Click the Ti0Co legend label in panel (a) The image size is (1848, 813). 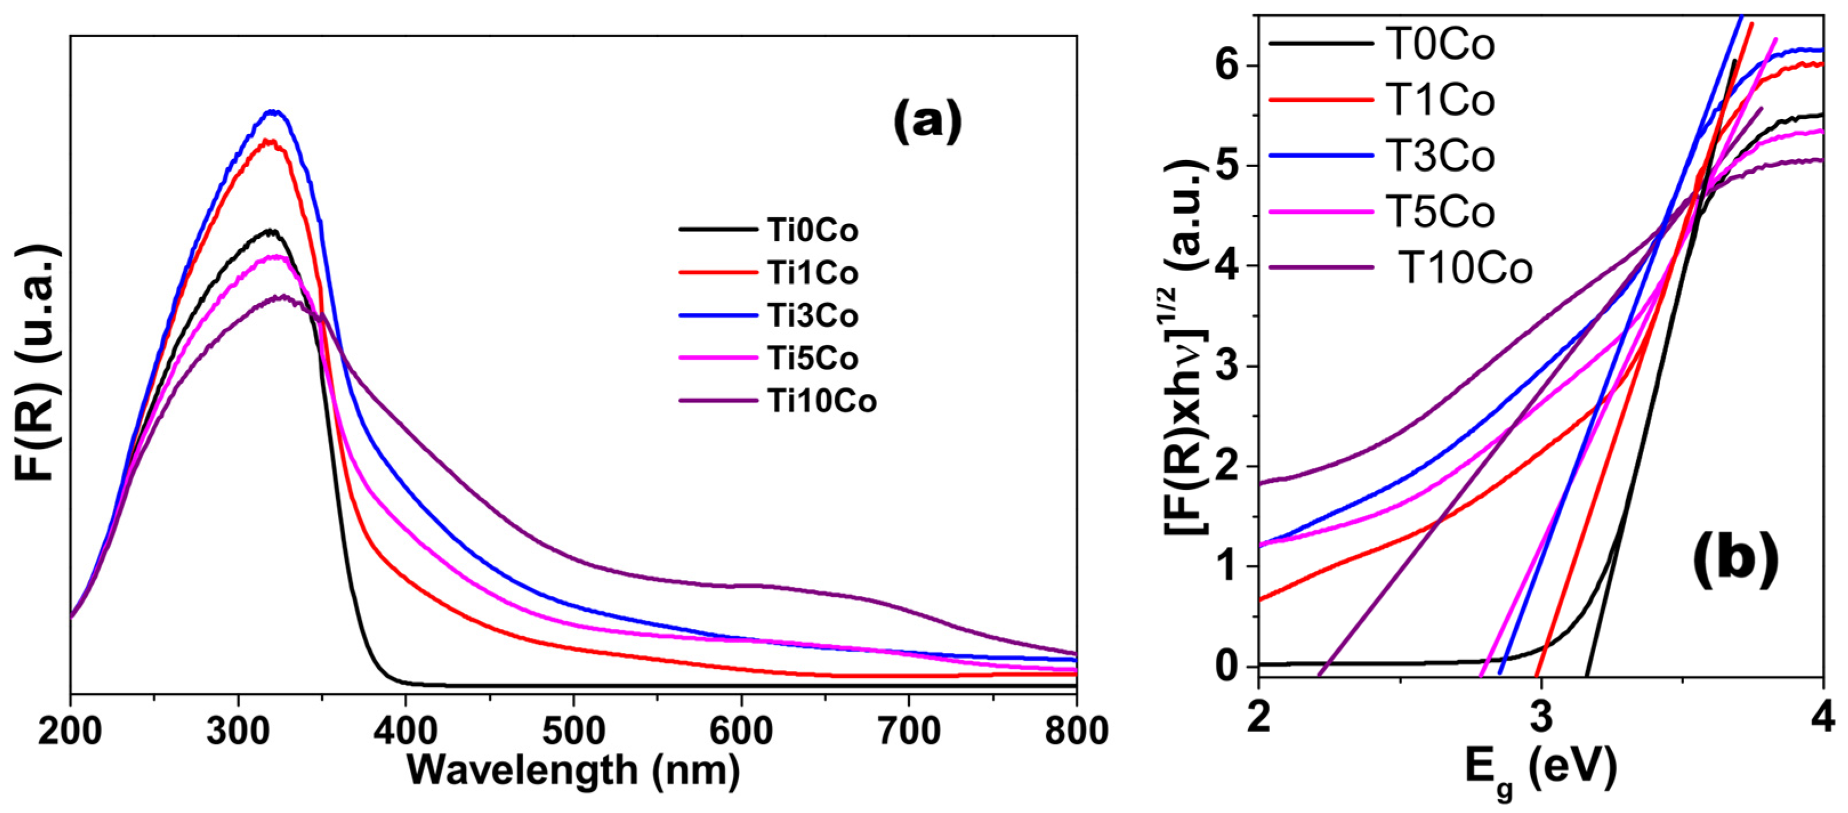pos(812,231)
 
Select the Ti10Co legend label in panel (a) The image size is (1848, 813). pos(821,401)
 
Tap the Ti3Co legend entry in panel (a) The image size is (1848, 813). pos(812,316)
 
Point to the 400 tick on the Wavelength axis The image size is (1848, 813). pos(405,731)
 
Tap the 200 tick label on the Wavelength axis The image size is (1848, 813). pos(70,731)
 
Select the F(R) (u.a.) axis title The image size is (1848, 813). pos(36,362)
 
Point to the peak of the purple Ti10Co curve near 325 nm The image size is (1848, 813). pos(284,295)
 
